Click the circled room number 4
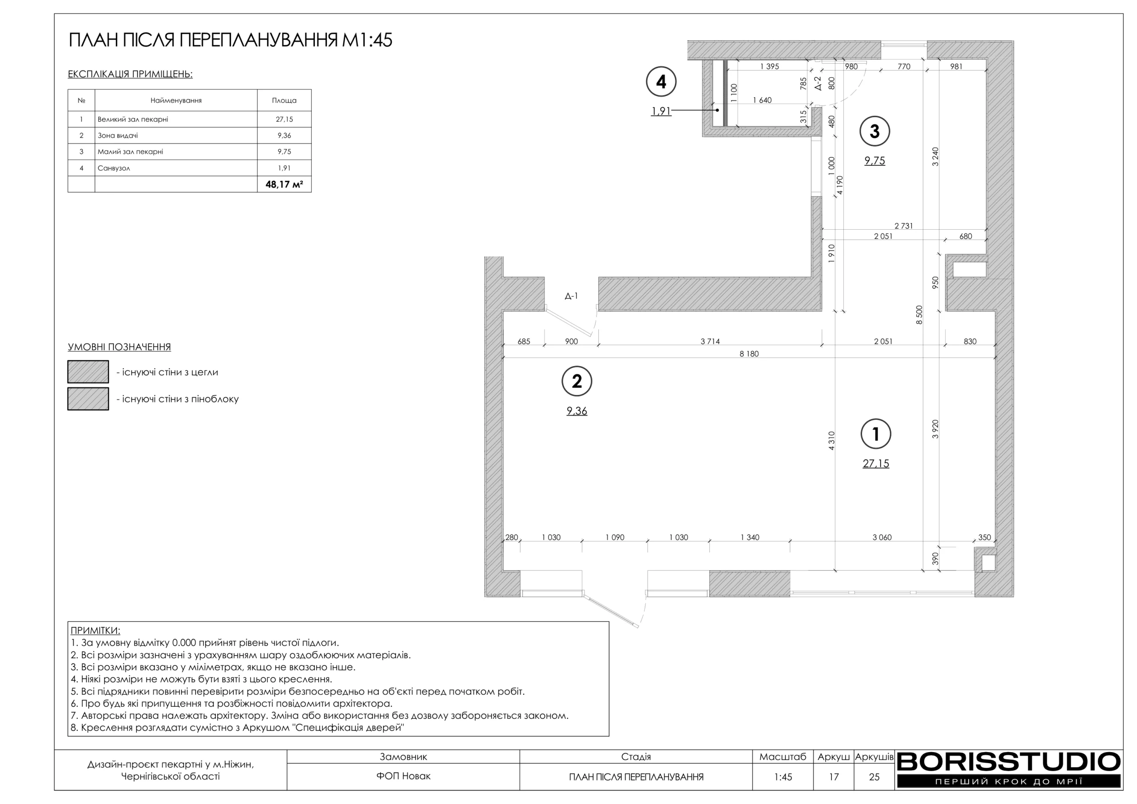pos(661,82)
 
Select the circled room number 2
pos(577,381)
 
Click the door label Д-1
pos(571,296)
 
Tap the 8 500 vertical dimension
pos(920,314)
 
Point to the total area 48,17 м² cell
pos(284,184)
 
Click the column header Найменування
pos(176,100)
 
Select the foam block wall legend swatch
pos(88,399)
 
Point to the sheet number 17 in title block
pos(834,777)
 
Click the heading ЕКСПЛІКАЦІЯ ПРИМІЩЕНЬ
pos(130,74)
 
